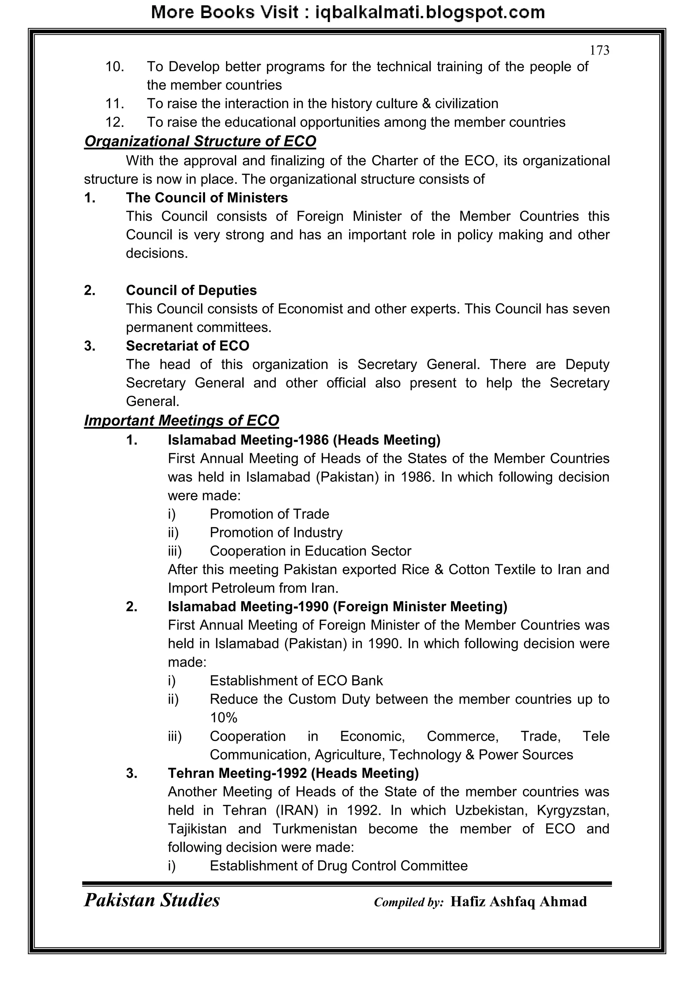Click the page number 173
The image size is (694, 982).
(599, 51)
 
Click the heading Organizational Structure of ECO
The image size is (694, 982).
(200, 141)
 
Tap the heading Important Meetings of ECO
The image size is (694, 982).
(182, 420)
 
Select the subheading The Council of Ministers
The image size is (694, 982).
(207, 198)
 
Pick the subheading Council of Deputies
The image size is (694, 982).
(191, 290)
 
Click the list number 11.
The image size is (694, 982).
(115, 103)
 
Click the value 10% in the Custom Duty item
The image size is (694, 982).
(224, 717)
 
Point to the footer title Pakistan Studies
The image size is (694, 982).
(152, 900)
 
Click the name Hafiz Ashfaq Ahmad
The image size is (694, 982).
(518, 901)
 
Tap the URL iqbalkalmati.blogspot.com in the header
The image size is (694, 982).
(430, 13)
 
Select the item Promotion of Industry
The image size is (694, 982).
(276, 533)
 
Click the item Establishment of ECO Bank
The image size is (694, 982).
(296, 680)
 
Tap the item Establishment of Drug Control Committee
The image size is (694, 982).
(339, 866)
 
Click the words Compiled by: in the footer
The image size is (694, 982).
(409, 902)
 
